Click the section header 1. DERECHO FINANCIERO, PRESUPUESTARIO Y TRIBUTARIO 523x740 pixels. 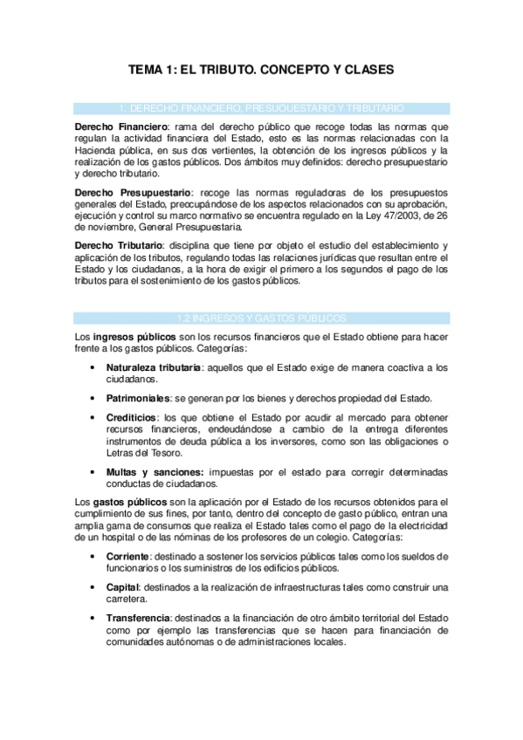click(x=262, y=108)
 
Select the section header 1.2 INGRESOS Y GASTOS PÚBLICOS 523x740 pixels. click(x=262, y=318)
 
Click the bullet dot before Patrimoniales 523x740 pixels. click(x=93, y=399)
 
